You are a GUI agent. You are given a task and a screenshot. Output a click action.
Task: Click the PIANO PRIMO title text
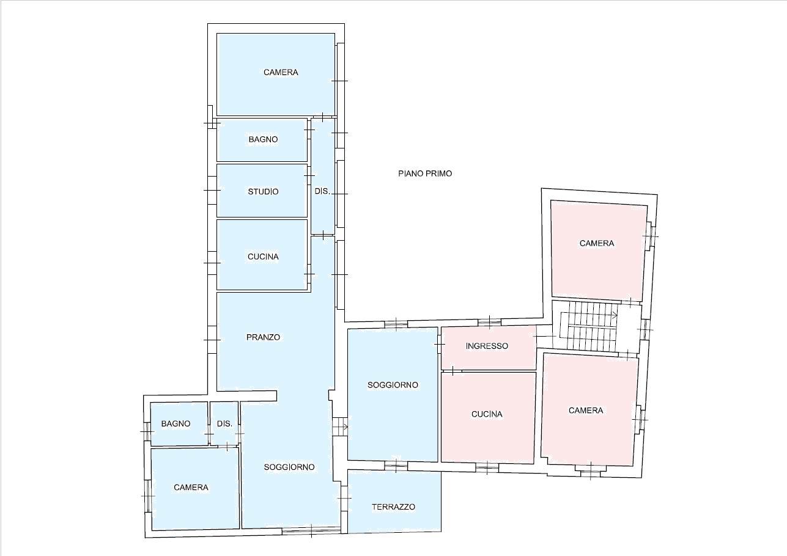point(425,174)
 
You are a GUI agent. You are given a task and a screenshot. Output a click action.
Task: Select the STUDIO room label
point(263,192)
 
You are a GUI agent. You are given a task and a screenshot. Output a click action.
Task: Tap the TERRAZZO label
point(394,507)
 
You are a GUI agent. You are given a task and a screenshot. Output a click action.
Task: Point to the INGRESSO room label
point(487,346)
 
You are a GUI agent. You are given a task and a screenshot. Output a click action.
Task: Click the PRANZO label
point(263,337)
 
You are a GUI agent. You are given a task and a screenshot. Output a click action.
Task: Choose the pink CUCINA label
point(487,414)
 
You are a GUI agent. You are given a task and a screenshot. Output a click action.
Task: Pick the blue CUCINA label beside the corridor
point(263,257)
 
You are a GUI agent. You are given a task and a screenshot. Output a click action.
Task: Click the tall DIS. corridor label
point(322,191)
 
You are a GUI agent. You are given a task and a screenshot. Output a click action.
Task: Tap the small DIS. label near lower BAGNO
point(224,423)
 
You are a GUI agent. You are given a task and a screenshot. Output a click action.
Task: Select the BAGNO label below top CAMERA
point(263,139)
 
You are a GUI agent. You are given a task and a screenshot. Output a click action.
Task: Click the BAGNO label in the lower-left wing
point(176,423)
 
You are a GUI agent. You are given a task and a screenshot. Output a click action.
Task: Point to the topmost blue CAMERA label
point(281,72)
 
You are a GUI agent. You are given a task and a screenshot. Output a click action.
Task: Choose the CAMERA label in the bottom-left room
point(191,487)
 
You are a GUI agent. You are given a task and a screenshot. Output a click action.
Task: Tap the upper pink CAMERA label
point(597,243)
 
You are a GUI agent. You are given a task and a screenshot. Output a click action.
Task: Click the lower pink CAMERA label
point(586,411)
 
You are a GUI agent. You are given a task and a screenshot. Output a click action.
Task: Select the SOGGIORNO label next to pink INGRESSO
point(393,385)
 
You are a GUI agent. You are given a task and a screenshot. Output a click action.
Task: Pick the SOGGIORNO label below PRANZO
point(289,467)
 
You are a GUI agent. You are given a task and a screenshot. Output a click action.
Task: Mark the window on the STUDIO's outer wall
point(212,190)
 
